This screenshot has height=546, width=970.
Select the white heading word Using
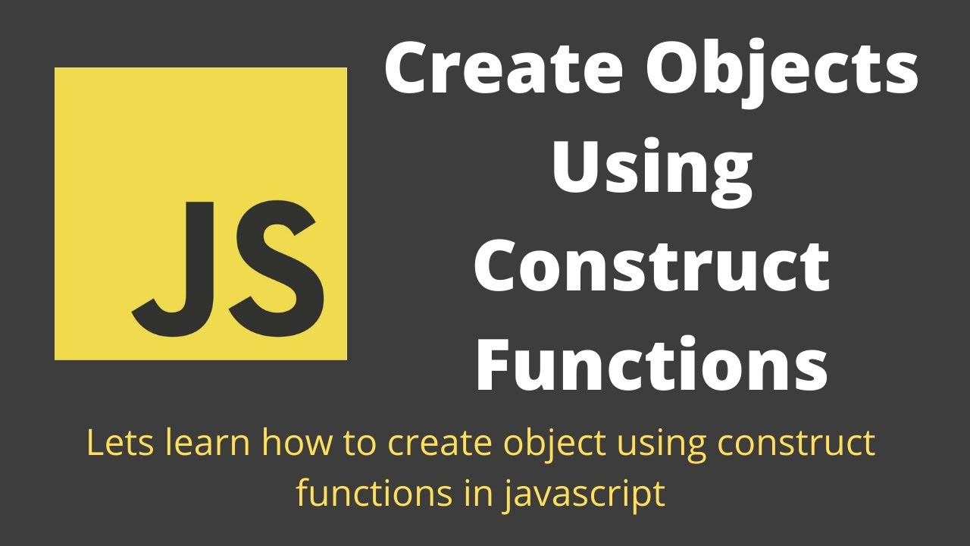click(x=652, y=171)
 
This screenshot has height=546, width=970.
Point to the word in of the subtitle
click(x=474, y=494)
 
